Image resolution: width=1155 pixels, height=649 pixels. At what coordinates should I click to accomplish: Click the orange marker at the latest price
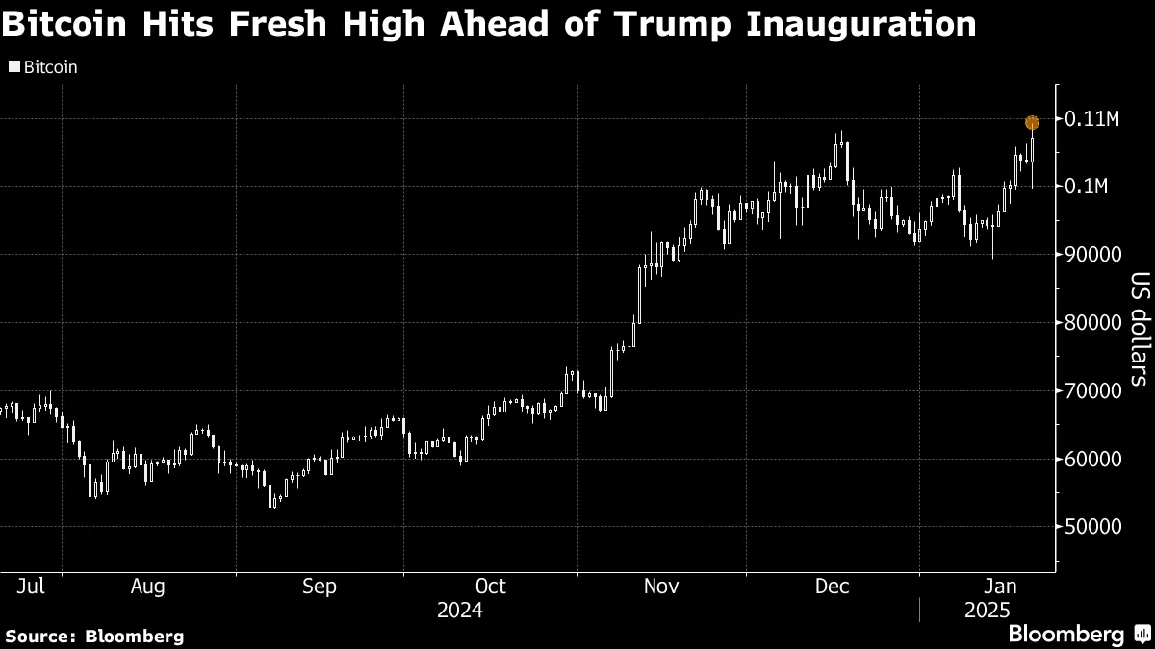click(x=1032, y=122)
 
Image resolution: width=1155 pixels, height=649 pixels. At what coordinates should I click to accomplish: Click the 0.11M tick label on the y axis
click(x=1092, y=119)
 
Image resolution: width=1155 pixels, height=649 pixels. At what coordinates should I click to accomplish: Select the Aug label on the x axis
click(x=147, y=586)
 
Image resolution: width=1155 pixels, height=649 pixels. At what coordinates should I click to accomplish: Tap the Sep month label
click(x=320, y=586)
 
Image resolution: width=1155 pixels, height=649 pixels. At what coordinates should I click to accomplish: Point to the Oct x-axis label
click(x=491, y=586)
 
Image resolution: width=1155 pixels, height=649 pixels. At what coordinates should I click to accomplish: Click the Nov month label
click(x=661, y=586)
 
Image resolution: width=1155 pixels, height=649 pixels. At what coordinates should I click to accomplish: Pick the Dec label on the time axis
click(x=832, y=586)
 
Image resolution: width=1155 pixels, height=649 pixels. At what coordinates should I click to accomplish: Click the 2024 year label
click(x=459, y=611)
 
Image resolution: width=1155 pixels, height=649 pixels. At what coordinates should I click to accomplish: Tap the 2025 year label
click(x=988, y=611)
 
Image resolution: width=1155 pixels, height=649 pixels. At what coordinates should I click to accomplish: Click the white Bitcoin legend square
click(x=13, y=68)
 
